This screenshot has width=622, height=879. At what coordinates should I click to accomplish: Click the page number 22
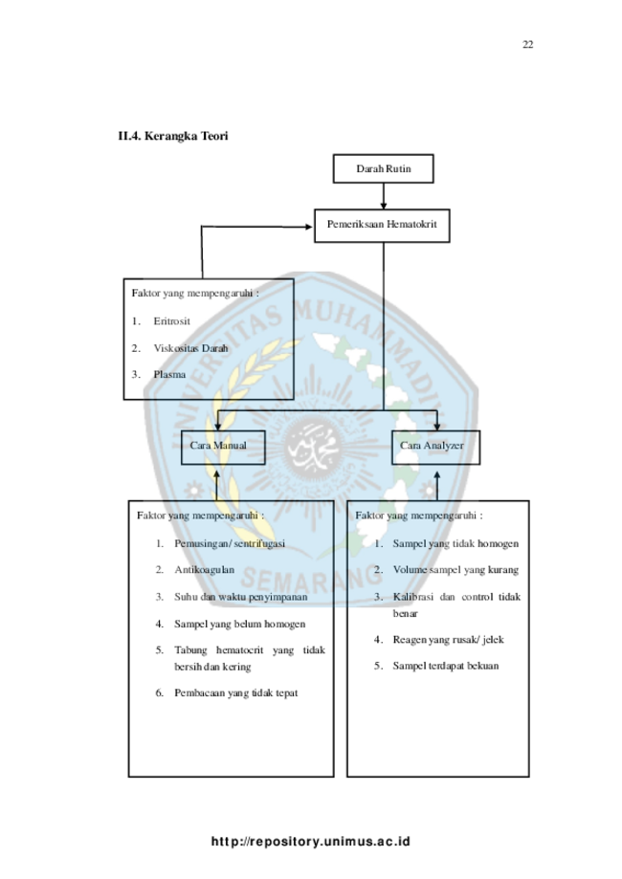[x=527, y=45]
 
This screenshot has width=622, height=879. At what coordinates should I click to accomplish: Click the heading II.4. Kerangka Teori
[x=173, y=136]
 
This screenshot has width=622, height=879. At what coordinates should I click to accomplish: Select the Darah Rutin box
[x=383, y=168]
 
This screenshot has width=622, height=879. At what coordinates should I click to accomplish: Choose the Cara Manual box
[x=223, y=448]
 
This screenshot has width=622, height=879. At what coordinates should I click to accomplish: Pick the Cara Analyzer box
[x=435, y=448]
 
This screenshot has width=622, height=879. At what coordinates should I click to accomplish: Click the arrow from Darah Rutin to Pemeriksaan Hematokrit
[x=384, y=196]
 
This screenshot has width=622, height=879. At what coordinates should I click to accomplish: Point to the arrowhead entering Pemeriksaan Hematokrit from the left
[x=308, y=227]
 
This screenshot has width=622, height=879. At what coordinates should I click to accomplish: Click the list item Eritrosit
[x=171, y=321]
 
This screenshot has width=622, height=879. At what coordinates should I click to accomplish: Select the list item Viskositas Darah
[x=190, y=348]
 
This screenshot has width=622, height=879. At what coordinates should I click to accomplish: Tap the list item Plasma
[x=169, y=374]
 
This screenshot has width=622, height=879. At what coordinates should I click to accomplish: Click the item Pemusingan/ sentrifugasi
[x=230, y=543]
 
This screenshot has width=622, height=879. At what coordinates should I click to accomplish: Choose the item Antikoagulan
[x=204, y=569]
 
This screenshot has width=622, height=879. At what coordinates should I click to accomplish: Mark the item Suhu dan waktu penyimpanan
[x=240, y=597]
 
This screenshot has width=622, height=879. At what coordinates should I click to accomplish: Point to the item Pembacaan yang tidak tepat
[x=235, y=692]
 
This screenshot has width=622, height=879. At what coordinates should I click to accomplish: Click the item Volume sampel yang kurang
[x=455, y=569]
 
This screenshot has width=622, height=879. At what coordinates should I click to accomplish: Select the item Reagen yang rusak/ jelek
[x=448, y=640]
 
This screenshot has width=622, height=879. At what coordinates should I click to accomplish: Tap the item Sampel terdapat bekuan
[x=445, y=666]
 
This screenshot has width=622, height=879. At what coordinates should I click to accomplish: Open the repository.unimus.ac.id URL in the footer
[x=311, y=842]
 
